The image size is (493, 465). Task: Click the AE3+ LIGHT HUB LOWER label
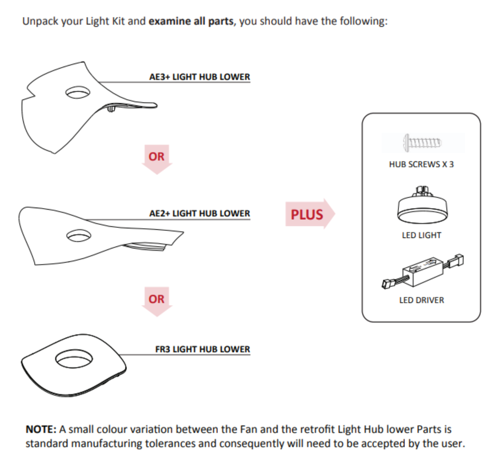[200, 77]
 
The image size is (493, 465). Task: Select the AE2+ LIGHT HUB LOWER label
[200, 214]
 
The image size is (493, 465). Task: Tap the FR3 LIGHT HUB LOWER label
[202, 349]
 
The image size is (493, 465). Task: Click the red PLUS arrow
[310, 214]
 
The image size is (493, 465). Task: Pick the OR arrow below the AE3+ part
[157, 159]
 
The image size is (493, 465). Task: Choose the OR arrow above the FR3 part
[157, 301]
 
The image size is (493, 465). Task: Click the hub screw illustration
[423, 143]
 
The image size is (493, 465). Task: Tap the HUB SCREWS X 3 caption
[421, 164]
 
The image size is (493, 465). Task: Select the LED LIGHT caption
[421, 235]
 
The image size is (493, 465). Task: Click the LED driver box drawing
[423, 272]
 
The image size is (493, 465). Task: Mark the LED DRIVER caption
[421, 300]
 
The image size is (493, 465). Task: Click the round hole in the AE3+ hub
[78, 92]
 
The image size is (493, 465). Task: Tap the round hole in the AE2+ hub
[79, 236]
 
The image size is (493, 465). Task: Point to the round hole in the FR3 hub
[74, 359]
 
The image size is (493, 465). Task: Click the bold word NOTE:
[41, 429]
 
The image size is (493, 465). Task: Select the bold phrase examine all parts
[191, 21]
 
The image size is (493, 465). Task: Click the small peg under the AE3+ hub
[111, 109]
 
